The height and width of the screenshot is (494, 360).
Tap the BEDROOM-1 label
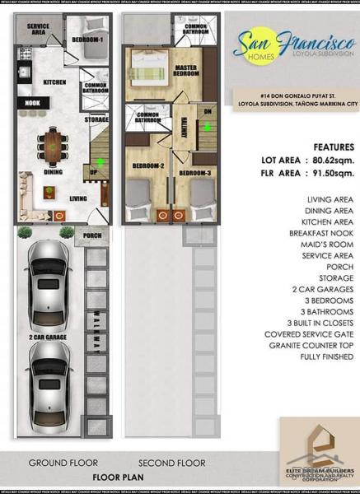(86, 40)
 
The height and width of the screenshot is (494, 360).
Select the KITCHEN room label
(54, 82)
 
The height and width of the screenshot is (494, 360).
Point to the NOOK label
(32, 104)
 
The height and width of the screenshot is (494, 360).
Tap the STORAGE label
(96, 119)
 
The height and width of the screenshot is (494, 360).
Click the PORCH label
(91, 238)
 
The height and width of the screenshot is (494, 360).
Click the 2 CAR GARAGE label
(47, 338)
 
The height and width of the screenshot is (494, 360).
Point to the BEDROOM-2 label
(147, 166)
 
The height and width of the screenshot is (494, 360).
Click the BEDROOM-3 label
(195, 173)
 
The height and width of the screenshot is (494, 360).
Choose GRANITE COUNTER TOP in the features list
(309, 346)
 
